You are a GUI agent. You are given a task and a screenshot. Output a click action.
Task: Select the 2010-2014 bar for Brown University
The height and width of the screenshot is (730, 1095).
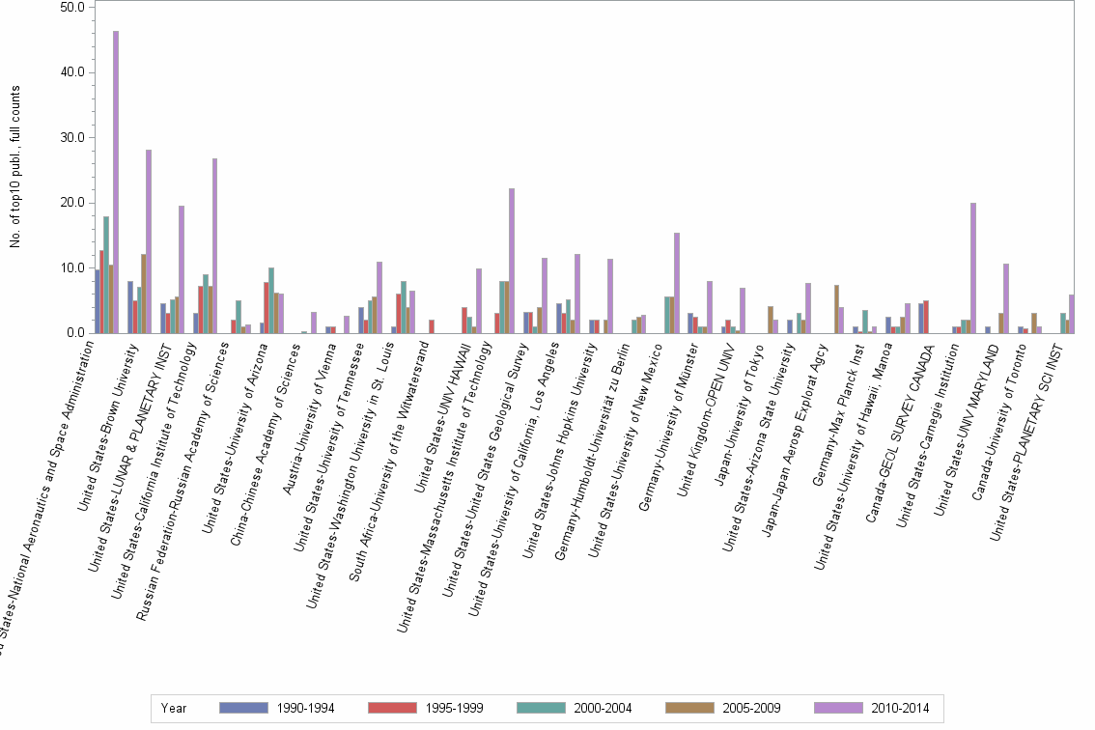[x=149, y=241]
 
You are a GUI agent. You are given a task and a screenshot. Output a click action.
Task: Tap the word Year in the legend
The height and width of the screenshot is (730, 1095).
[x=174, y=708]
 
